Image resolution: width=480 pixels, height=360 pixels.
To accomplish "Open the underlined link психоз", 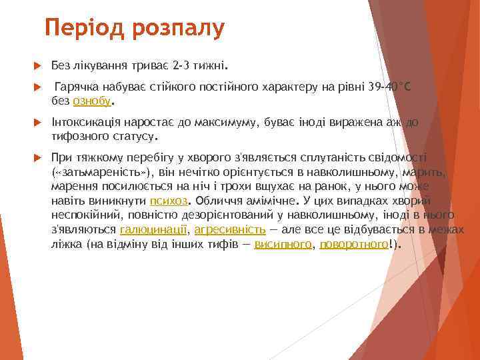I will [169, 200].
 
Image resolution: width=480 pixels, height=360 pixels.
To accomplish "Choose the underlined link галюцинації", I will [153, 229].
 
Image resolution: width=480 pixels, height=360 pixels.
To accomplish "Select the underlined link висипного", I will [283, 244].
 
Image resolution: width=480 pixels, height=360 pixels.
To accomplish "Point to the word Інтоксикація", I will [84, 123].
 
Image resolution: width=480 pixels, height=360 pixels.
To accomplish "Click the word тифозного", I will [78, 137].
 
